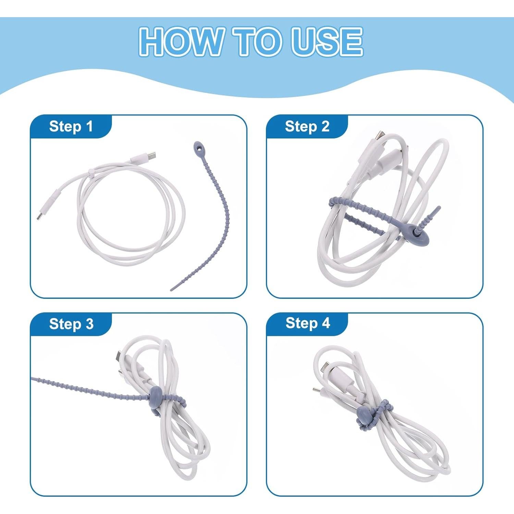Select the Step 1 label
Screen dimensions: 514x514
pyautogui.click(x=71, y=126)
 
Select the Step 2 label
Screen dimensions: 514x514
pyautogui.click(x=307, y=126)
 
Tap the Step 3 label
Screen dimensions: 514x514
pyautogui.click(x=71, y=324)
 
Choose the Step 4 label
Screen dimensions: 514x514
pyautogui.click(x=308, y=323)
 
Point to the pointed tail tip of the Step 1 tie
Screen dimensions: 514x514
pyautogui.click(x=172, y=290)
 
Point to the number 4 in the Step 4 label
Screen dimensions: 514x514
pyautogui.click(x=326, y=323)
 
